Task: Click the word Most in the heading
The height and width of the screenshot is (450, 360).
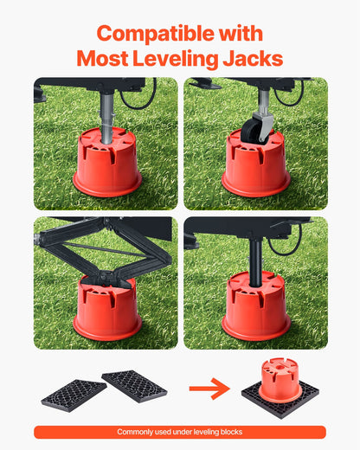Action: click(x=102, y=59)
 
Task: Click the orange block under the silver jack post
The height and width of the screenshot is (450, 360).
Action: click(x=107, y=164)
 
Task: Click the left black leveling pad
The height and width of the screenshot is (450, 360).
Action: click(x=74, y=394)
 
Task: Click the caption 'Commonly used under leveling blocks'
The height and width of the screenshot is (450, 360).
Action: click(x=180, y=432)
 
